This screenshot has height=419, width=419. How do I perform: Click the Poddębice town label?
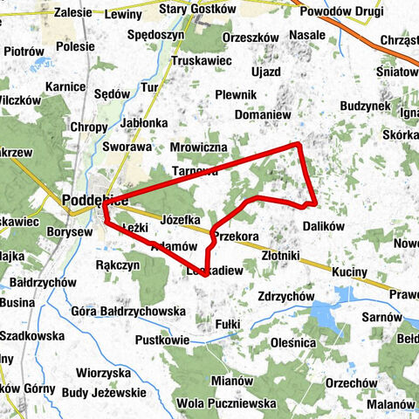point(96,200)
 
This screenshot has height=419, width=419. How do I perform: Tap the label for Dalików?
point(325,225)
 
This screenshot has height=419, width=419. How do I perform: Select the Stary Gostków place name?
point(199,9)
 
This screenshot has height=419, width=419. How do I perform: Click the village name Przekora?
point(236,237)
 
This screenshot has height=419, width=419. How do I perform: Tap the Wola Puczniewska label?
point(226,404)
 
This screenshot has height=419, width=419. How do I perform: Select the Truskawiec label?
point(200,62)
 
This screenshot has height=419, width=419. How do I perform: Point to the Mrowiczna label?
point(199,148)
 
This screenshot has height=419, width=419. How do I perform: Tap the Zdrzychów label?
point(286,297)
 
